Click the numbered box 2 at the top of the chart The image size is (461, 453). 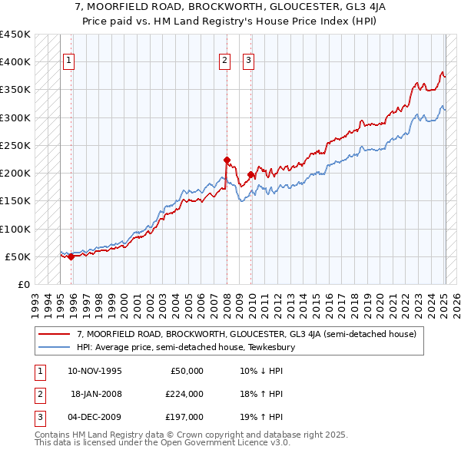tap(224, 61)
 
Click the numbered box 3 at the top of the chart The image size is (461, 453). tap(249, 61)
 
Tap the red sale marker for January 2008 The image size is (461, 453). tap(227, 160)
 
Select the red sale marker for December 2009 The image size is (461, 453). tap(251, 175)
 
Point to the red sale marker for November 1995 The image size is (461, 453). tap(71, 257)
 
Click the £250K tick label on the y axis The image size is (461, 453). tap(15, 145)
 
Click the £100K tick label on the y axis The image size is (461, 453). tap(15, 229)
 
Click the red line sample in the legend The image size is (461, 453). tap(55, 335)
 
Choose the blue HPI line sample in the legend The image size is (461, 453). tap(55, 347)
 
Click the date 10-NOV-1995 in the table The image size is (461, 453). tap(95, 371)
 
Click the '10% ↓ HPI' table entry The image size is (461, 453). tap(261, 371)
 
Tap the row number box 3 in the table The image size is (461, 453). tap(38, 417)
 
